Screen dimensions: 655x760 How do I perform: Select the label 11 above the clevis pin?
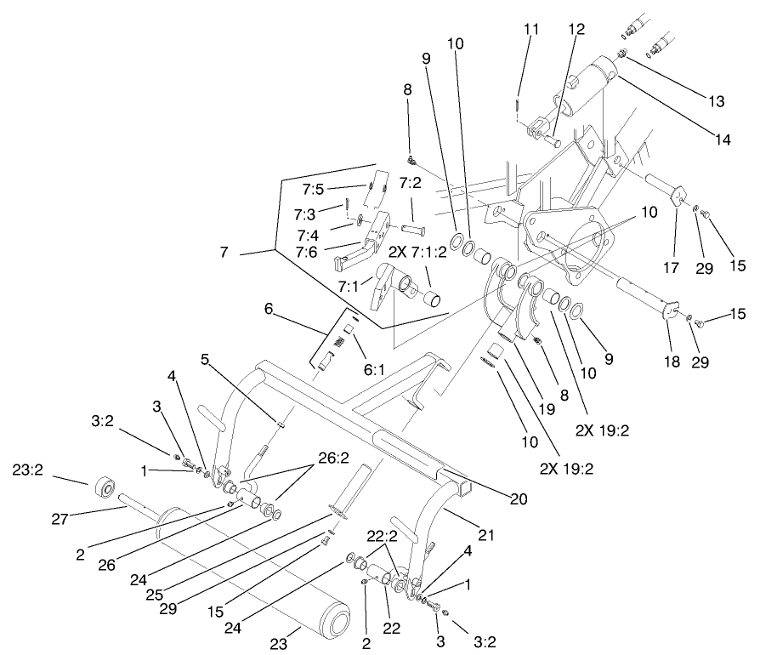click(x=531, y=29)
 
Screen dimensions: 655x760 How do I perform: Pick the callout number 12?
click(x=577, y=29)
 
